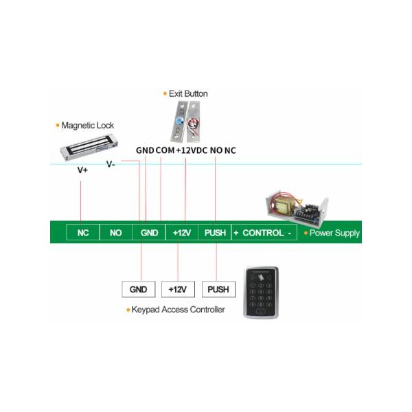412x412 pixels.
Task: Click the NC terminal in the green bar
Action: pyautogui.click(x=83, y=233)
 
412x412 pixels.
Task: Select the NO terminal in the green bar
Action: pyautogui.click(x=116, y=233)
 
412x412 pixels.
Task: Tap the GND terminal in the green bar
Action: pyautogui.click(x=149, y=233)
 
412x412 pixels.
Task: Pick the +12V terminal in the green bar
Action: pyautogui.click(x=182, y=233)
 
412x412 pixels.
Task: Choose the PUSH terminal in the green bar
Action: pyautogui.click(x=215, y=233)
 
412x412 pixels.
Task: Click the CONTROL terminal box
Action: pyautogui.click(x=264, y=233)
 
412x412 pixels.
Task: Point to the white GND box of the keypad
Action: pyautogui.click(x=139, y=289)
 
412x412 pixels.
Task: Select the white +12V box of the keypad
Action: pyautogui.click(x=178, y=289)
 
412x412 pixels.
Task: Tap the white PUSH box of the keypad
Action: pyautogui.click(x=218, y=289)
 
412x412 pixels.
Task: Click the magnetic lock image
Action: pyautogui.click(x=89, y=147)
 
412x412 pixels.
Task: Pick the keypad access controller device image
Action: pyautogui.click(x=261, y=293)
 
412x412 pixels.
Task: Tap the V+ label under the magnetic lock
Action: pyautogui.click(x=82, y=170)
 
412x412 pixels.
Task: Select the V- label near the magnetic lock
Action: pyautogui.click(x=111, y=164)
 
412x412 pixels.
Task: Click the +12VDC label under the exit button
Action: pyautogui.click(x=192, y=150)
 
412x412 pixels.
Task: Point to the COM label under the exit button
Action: pyautogui.click(x=165, y=150)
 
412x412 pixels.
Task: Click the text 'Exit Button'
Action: pyautogui.click(x=188, y=94)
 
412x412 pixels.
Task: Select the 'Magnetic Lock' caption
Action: pyautogui.click(x=87, y=126)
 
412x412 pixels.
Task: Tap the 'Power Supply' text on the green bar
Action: pyautogui.click(x=334, y=233)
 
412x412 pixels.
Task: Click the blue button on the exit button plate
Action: pyautogui.click(x=180, y=121)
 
